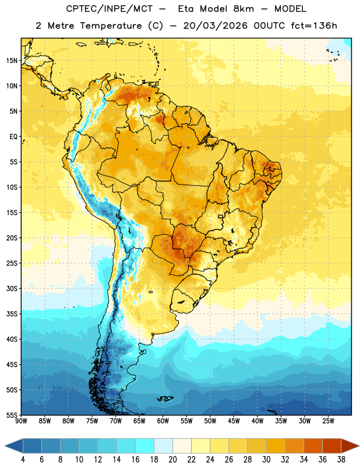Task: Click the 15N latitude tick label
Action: (12, 61)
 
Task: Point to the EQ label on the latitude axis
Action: (13, 137)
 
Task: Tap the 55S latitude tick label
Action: (12, 415)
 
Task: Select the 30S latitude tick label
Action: (12, 288)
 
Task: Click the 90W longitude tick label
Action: (22, 421)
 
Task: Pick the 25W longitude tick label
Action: (328, 421)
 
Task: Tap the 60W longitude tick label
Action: (163, 421)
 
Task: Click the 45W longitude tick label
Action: (234, 421)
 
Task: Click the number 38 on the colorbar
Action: (341, 460)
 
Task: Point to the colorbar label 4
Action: (23, 460)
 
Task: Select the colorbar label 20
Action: (172, 460)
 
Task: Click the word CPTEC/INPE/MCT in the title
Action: (110, 9)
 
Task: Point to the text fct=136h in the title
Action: (314, 26)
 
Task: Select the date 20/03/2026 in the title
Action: (215, 26)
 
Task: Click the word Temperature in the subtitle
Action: (111, 26)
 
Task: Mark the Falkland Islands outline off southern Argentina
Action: (165, 398)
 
